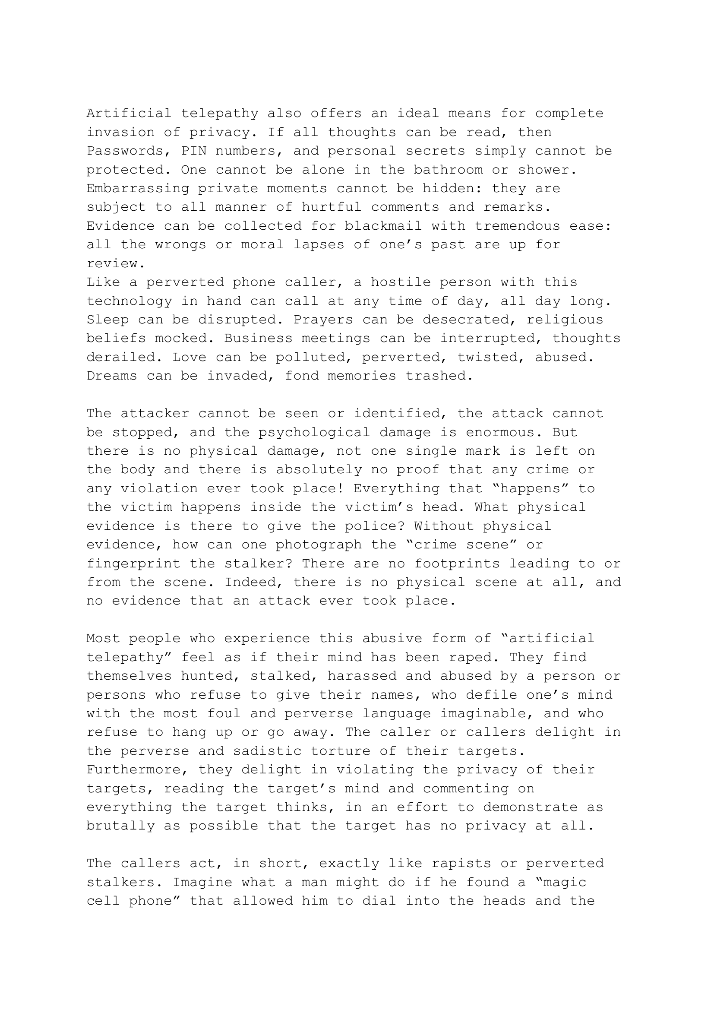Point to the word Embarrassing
[x=138, y=188]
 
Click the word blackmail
[x=383, y=226]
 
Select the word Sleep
[x=107, y=320]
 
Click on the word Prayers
[x=323, y=320]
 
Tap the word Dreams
[x=112, y=376]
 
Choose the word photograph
[x=318, y=545]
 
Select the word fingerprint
[x=133, y=564]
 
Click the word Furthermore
[x=138, y=769]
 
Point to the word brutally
[x=120, y=826]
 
